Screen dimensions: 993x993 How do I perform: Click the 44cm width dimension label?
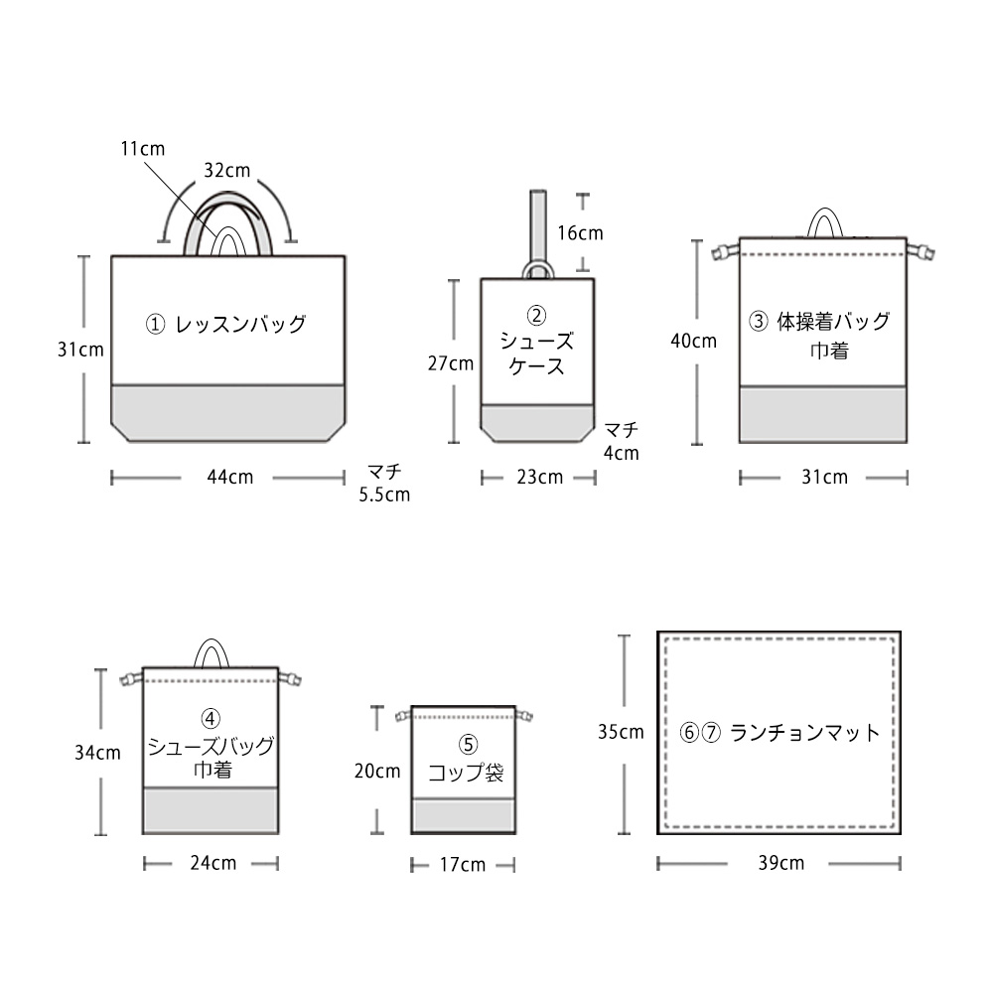(x=230, y=477)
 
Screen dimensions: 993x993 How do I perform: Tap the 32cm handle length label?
(x=226, y=171)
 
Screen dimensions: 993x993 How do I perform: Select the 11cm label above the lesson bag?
(x=142, y=149)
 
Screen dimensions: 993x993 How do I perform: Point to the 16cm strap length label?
(x=580, y=233)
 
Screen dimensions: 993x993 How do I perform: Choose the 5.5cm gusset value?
(x=384, y=495)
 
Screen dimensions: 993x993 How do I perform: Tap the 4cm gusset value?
(x=622, y=454)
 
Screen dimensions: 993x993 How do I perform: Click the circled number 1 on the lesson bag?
(x=155, y=325)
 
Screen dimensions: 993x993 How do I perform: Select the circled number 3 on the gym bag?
(x=759, y=322)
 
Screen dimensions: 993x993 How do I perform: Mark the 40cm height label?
(x=693, y=342)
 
